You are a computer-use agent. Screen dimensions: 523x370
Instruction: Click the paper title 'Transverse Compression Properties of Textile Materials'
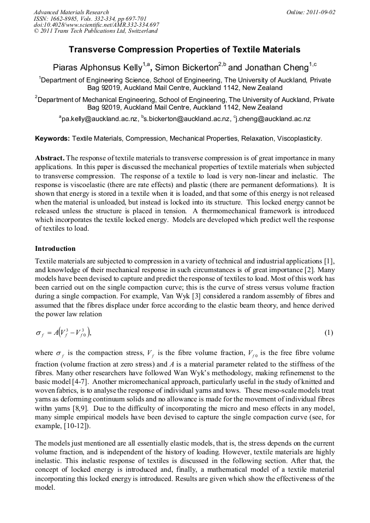click(184, 50)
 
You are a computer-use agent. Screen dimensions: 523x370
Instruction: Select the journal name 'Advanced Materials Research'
click(71, 12)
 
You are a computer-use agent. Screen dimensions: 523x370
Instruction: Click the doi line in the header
click(96, 25)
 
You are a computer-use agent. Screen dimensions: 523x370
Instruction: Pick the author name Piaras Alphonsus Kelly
click(97, 68)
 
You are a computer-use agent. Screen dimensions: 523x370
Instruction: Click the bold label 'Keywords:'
click(52, 138)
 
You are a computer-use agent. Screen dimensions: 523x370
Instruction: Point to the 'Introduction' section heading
click(55, 248)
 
